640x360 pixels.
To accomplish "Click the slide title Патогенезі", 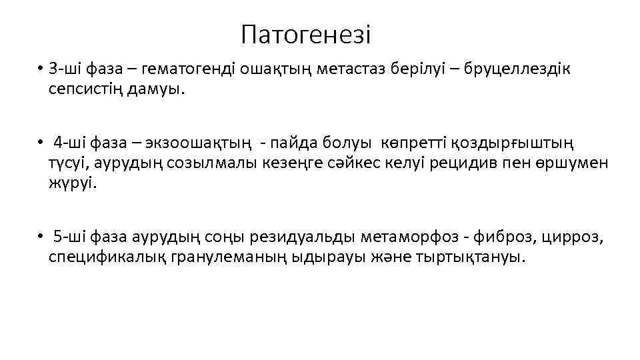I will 306,34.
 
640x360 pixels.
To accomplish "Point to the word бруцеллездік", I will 517,70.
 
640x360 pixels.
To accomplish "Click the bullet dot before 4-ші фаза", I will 41,143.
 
